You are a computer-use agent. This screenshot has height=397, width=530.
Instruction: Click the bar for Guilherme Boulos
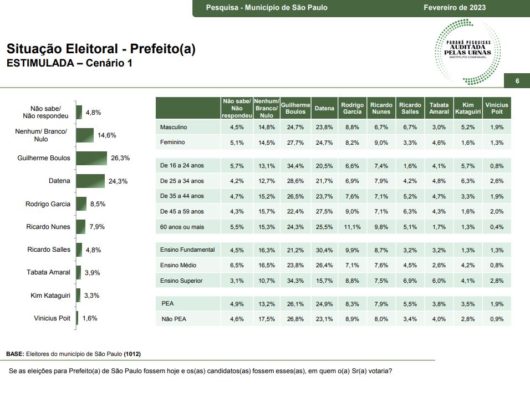coord(91,158)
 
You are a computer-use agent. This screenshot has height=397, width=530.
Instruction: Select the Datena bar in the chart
coord(90,181)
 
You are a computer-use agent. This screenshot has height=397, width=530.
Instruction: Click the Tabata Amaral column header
coord(439,108)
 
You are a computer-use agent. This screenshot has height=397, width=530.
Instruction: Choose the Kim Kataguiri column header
coord(467,108)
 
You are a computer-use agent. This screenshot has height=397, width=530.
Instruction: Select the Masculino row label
coord(174,127)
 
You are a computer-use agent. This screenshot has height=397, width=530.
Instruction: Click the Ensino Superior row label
coord(181,281)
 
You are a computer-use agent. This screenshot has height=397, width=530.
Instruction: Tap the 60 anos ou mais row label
coord(181,227)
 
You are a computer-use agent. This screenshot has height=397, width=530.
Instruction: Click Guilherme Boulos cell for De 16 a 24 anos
coord(295,165)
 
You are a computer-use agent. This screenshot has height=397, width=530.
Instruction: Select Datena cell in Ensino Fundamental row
coord(324,250)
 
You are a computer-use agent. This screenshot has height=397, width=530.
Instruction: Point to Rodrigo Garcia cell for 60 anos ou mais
coord(352,227)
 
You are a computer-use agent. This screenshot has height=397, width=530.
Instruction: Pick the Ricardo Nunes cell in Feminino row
coord(381,142)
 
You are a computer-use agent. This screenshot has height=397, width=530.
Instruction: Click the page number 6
coord(517,82)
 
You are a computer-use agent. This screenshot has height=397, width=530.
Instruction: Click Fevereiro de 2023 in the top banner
coord(455,8)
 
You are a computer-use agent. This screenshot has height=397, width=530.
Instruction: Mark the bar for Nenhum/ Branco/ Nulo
coord(85,135)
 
